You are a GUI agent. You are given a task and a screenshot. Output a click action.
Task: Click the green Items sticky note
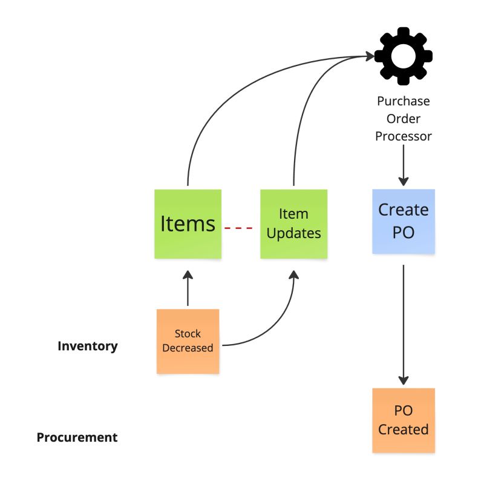tap(188, 224)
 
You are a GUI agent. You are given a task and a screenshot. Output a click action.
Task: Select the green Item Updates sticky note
tap(293, 224)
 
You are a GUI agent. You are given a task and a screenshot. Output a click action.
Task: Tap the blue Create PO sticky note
tap(403, 221)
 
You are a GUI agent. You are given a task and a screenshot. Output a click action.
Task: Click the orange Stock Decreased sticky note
tap(188, 340)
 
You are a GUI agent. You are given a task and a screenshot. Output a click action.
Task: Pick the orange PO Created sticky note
tap(403, 420)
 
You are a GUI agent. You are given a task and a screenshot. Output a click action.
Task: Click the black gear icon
tap(403, 56)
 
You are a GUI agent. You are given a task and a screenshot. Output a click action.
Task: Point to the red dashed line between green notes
tap(238, 228)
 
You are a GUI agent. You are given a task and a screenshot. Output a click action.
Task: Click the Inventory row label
tap(88, 346)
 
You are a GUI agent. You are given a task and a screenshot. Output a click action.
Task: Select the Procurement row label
tap(77, 437)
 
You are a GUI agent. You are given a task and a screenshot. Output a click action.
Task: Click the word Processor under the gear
tap(403, 136)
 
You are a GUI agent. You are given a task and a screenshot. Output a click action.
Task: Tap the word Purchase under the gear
tap(403, 101)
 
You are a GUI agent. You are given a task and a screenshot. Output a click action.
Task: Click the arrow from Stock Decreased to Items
tap(188, 290)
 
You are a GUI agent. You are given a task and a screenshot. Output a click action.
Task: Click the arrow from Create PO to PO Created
tap(403, 321)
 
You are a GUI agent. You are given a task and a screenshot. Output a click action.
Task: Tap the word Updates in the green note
tap(293, 233)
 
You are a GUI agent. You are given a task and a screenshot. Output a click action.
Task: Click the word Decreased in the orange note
tap(188, 348)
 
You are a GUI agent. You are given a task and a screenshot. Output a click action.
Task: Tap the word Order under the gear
tap(403, 119)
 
